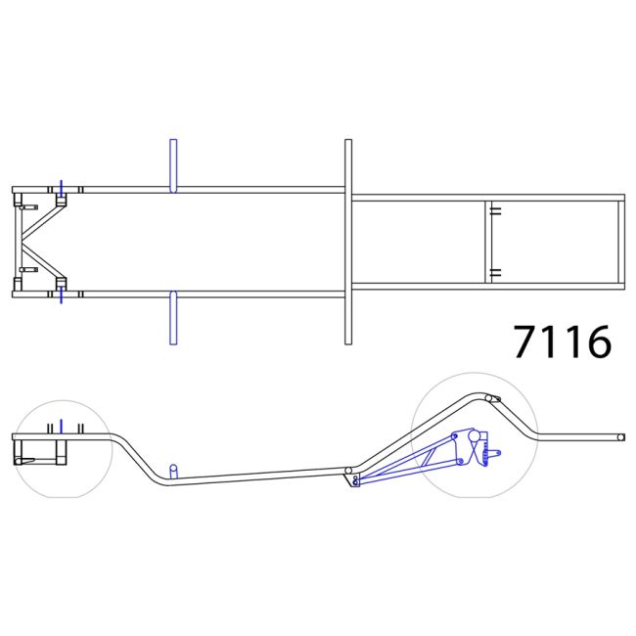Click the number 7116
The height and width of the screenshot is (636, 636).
[563, 341]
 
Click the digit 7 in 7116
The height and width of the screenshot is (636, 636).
[526, 341]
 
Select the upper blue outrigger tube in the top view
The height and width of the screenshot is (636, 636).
[173, 165]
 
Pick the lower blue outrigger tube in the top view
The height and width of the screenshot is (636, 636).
[173, 318]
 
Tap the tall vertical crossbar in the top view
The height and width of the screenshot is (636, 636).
[348, 242]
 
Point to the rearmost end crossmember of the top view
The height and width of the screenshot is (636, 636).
[621, 242]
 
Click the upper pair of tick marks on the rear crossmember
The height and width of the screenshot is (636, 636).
[496, 211]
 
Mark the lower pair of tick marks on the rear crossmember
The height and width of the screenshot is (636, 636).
[496, 273]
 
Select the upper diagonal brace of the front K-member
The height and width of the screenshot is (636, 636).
[44, 219]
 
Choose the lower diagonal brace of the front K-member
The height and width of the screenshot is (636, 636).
[44, 263]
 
